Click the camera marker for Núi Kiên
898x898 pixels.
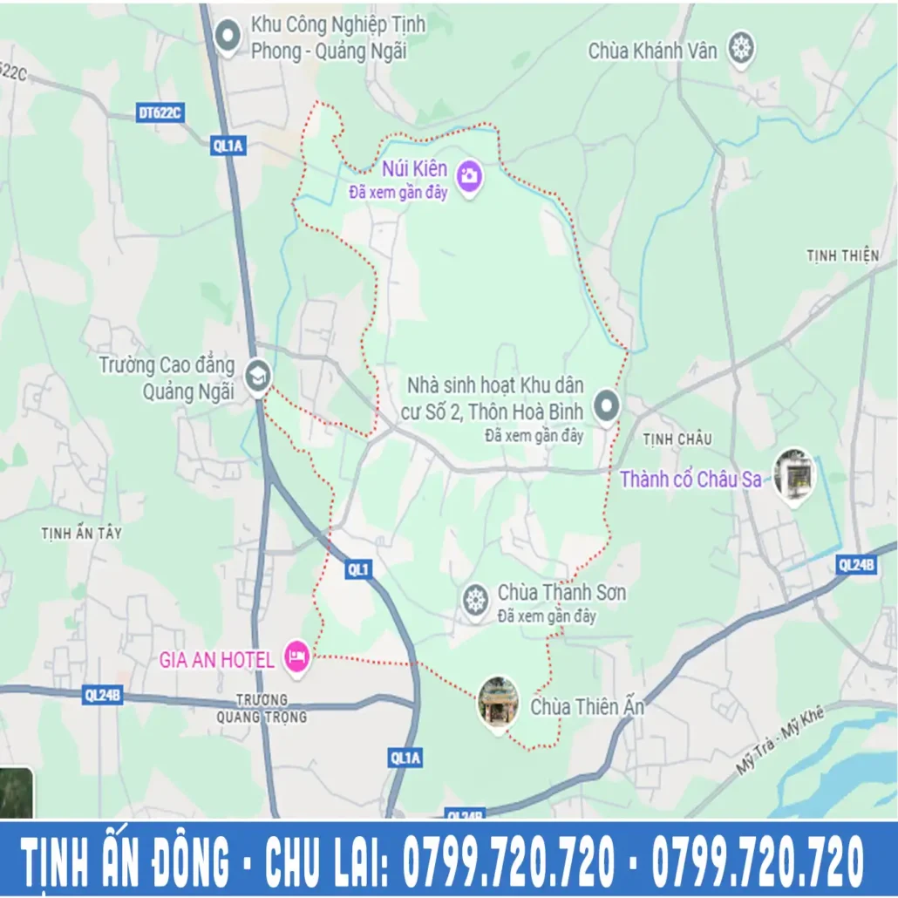point(469,175)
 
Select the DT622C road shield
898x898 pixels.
point(159,112)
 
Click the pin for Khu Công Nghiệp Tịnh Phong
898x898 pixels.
point(228,36)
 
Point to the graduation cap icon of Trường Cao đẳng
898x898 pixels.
point(258,376)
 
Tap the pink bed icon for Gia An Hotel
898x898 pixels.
point(297,654)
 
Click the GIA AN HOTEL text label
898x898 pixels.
point(216,659)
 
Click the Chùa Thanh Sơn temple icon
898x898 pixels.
point(475,600)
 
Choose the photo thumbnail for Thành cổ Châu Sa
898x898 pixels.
point(793,475)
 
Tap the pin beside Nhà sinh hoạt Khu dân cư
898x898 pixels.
point(606,405)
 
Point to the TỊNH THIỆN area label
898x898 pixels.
point(842,255)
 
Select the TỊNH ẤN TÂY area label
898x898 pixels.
point(81,533)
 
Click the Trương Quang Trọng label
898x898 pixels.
point(271,708)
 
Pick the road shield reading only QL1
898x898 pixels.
point(358,569)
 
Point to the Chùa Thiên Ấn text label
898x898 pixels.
point(587,706)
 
